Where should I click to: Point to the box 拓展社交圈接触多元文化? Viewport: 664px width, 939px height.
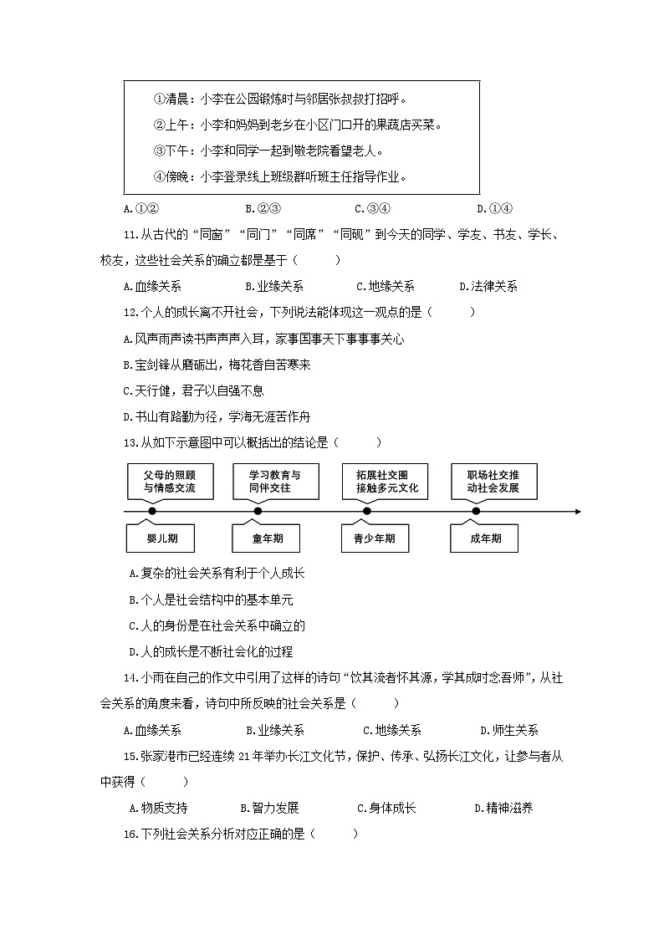click(386, 481)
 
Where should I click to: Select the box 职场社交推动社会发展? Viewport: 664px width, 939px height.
click(493, 481)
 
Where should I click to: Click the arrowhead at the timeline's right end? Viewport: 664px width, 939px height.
click(576, 511)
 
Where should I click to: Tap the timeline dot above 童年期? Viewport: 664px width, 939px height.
click(258, 511)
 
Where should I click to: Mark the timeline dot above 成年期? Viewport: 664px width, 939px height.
click(476, 511)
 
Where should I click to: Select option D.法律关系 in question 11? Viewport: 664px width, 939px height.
click(488, 286)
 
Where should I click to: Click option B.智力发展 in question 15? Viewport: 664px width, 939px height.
click(269, 808)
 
